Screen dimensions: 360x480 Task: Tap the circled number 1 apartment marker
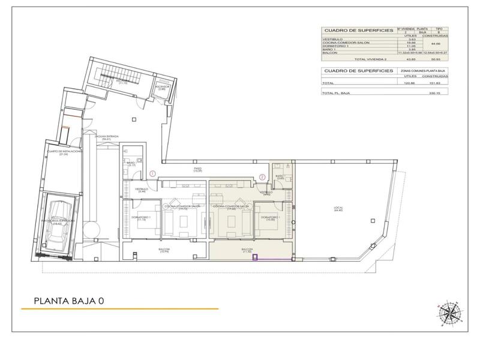(153, 174)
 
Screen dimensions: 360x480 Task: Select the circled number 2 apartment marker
(262, 176)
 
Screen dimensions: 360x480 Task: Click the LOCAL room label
(338, 209)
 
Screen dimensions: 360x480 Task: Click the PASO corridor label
(197, 170)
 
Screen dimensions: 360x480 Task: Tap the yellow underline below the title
(120, 310)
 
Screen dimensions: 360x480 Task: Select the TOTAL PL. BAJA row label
(336, 93)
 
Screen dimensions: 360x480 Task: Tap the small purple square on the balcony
(255, 258)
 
